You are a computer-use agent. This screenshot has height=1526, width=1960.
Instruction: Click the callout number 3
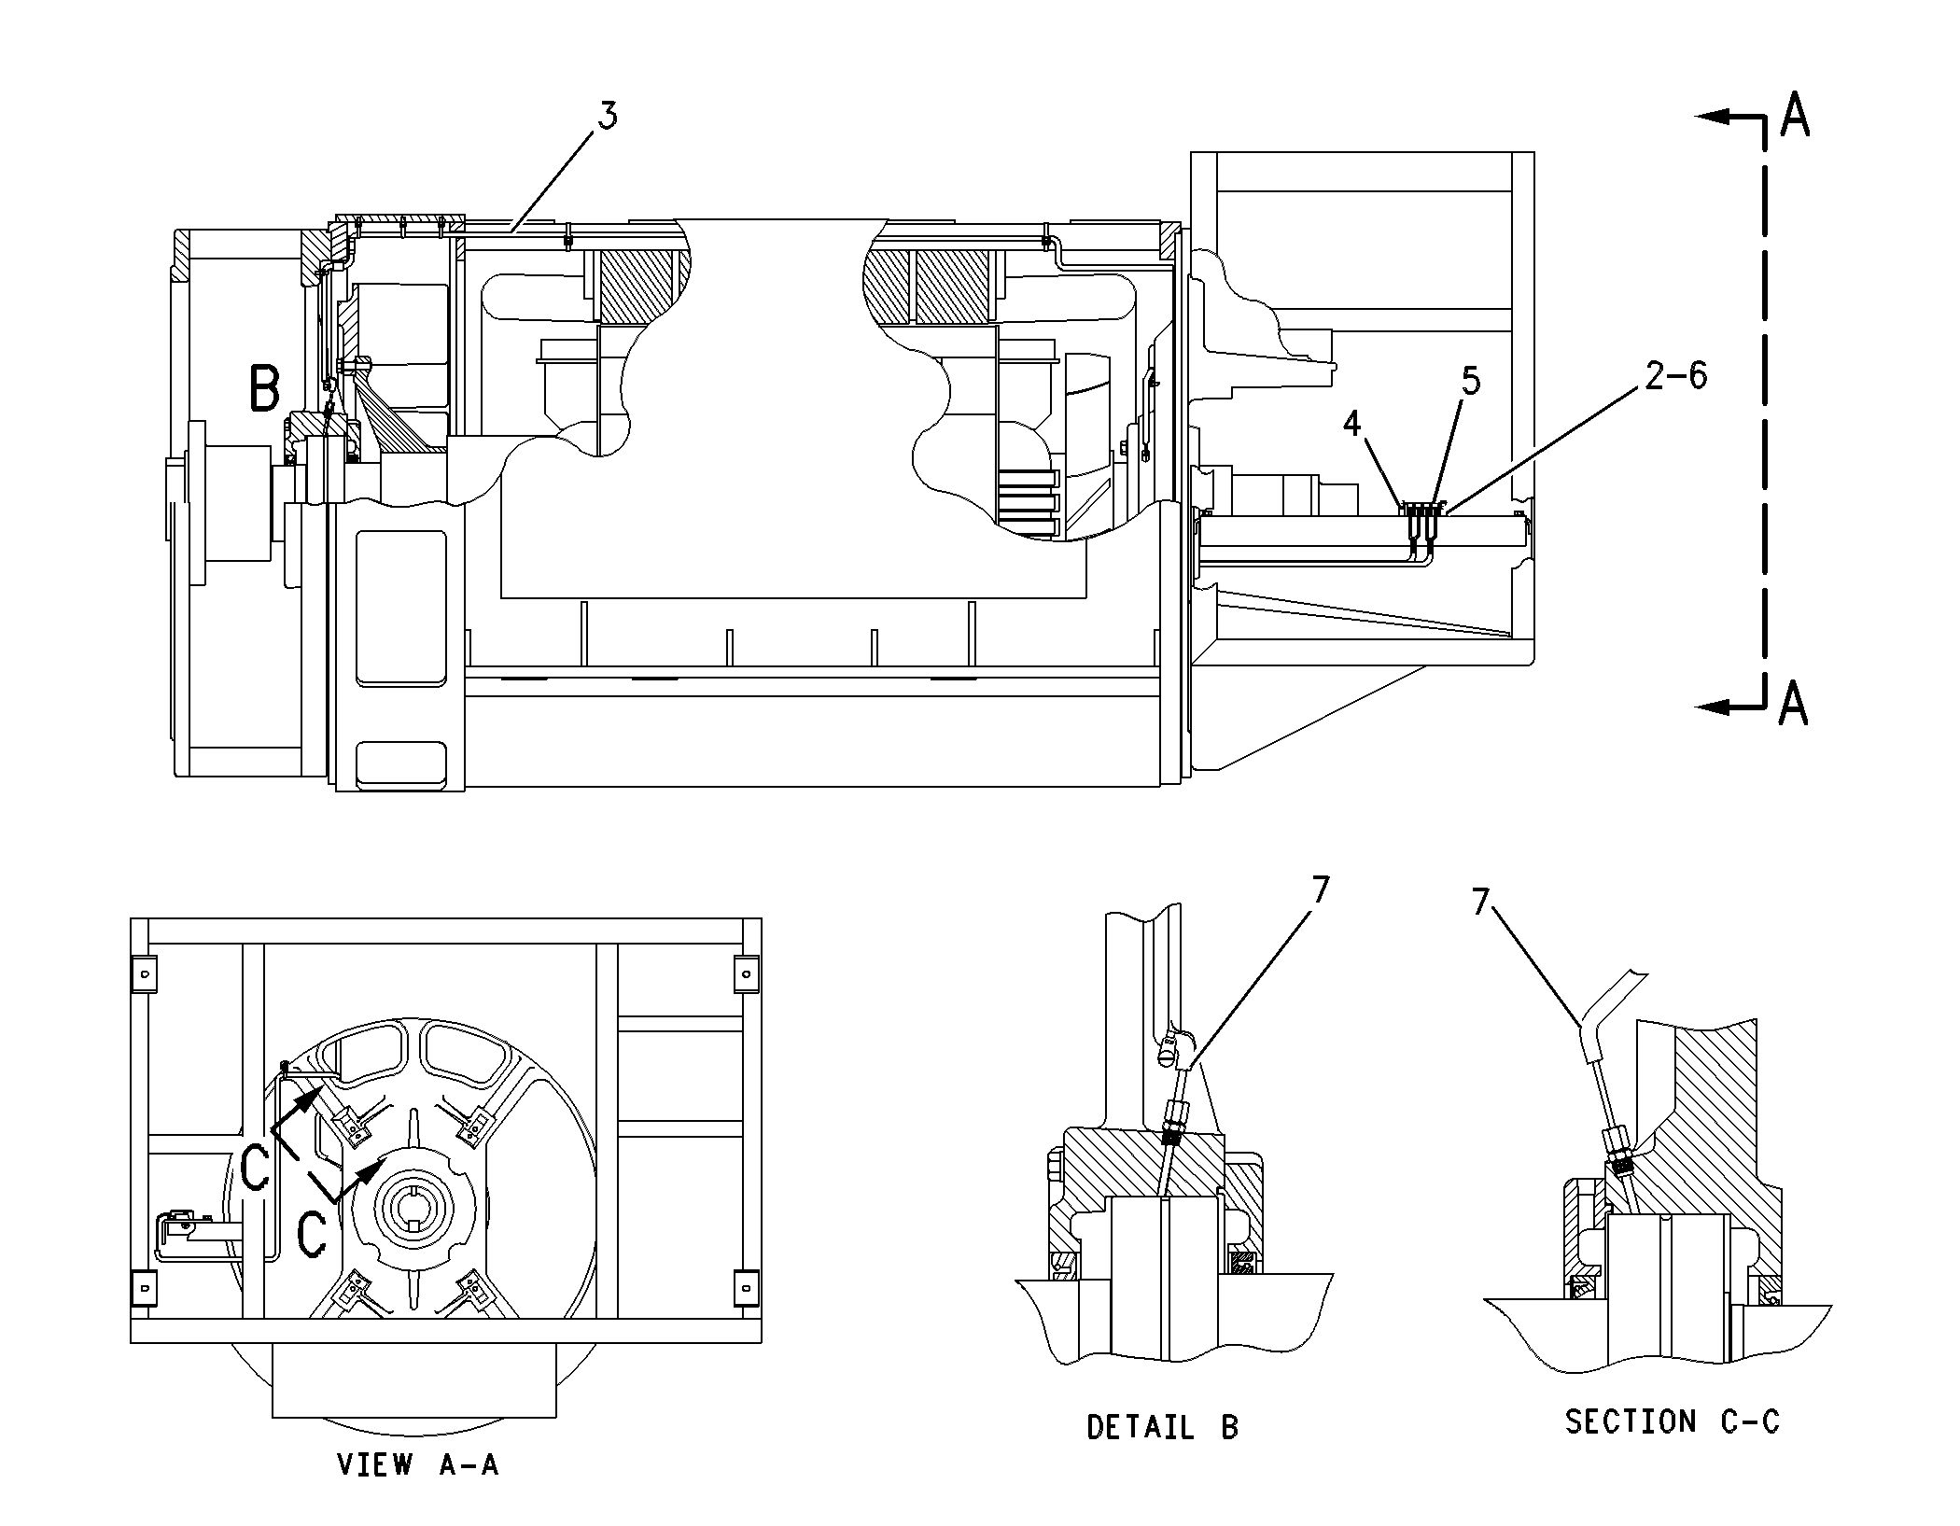pyautogui.click(x=608, y=117)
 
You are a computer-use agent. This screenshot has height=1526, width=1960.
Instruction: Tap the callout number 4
pyautogui.click(x=1352, y=424)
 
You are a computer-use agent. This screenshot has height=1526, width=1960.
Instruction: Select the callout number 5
pyautogui.click(x=1471, y=381)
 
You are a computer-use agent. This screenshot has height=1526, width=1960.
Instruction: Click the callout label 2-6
pyautogui.click(x=1675, y=375)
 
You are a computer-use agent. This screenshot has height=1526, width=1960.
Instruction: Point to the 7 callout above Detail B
pyautogui.click(x=1320, y=890)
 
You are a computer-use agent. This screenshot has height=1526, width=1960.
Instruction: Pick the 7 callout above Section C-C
pyautogui.click(x=1481, y=902)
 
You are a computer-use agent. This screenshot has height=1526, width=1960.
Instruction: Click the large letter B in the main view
pyautogui.click(x=265, y=389)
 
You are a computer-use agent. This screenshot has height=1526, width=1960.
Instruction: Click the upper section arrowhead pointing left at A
pyautogui.click(x=1712, y=117)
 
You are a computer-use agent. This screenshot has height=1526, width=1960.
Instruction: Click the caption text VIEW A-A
pyautogui.click(x=418, y=1464)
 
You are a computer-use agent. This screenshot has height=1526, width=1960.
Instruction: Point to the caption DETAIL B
pyautogui.click(x=1162, y=1427)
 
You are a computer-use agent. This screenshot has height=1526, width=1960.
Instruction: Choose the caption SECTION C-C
pyautogui.click(x=1672, y=1421)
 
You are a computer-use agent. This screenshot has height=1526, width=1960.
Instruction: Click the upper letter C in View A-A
pyautogui.click(x=255, y=1169)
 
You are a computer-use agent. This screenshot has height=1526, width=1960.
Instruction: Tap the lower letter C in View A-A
pyautogui.click(x=311, y=1235)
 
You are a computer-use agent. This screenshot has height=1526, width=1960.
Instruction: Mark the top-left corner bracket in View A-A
pyautogui.click(x=144, y=973)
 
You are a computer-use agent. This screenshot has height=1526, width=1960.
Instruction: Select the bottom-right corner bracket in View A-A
pyautogui.click(x=746, y=1287)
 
